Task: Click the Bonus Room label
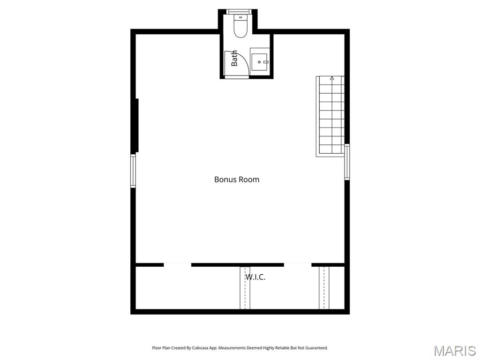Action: tap(236, 179)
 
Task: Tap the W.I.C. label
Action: tap(255, 277)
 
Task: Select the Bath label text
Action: tap(234, 58)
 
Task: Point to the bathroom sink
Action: tap(259, 61)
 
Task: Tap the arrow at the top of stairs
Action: tap(332, 78)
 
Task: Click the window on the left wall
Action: tap(133, 171)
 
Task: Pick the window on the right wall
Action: tap(347, 162)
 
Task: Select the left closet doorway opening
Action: tap(177, 265)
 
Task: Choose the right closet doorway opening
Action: tap(298, 265)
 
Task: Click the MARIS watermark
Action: tap(454, 351)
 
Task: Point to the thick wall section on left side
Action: tap(136, 125)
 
